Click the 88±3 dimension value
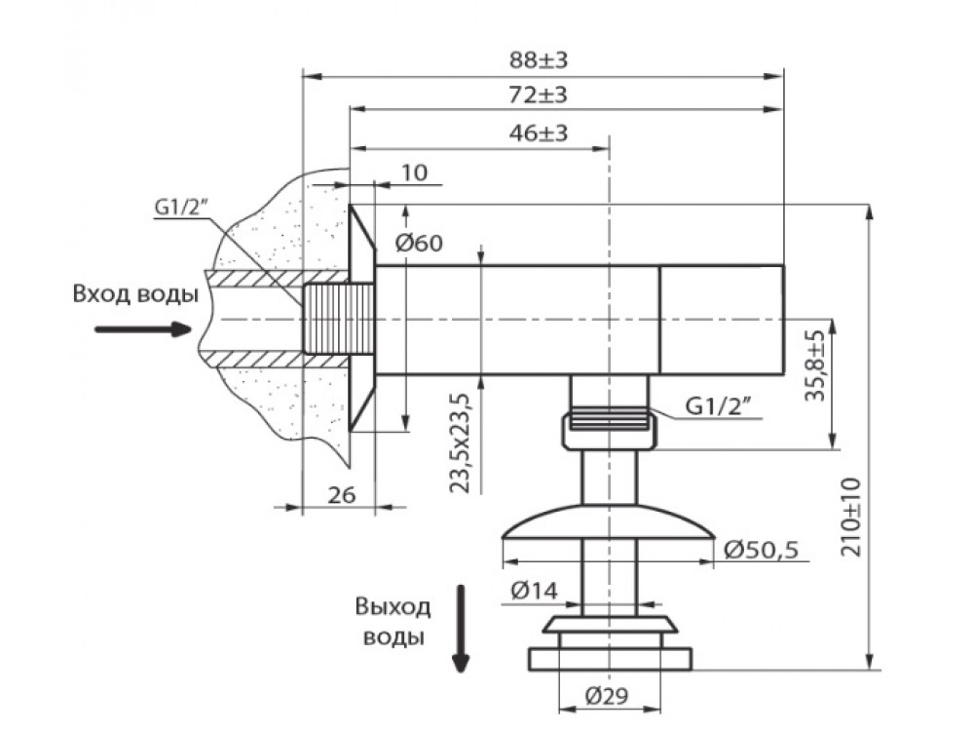pyautogui.click(x=539, y=59)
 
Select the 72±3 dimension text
pyautogui.click(x=539, y=96)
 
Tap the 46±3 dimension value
pyautogui.click(x=539, y=134)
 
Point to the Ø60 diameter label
pyautogui.click(x=420, y=242)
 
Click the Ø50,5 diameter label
pyautogui.click(x=761, y=551)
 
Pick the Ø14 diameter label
pyautogui.click(x=532, y=590)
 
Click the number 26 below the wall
pyautogui.click(x=340, y=495)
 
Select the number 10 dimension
pyautogui.click(x=414, y=173)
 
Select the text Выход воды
pyautogui.click(x=393, y=623)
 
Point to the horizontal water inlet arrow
pyautogui.click(x=142, y=329)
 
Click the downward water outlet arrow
pyautogui.click(x=461, y=630)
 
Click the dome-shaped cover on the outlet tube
pyautogui.click(x=609, y=523)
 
